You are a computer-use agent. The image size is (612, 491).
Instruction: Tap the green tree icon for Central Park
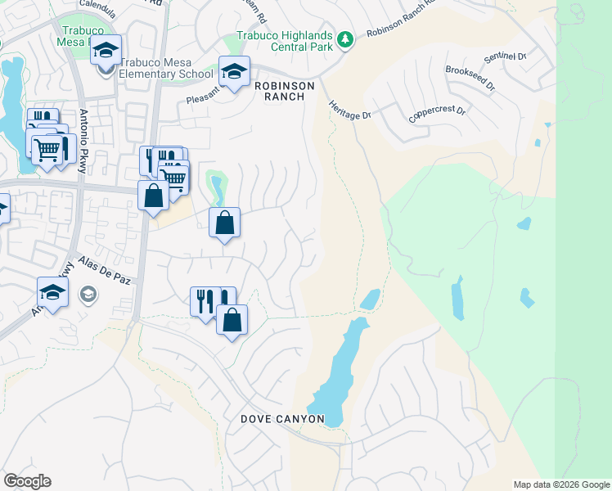pos(345,39)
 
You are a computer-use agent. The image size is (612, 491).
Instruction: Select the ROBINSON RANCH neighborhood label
pos(279,91)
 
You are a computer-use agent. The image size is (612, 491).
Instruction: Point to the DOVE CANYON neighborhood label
pos(282,419)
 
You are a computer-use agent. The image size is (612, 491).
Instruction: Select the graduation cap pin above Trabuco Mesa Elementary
pos(106,51)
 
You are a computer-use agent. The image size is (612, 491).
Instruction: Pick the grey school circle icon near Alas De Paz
pos(86,293)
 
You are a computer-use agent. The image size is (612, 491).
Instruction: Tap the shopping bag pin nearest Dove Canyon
pos(232,320)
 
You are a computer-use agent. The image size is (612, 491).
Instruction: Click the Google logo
pos(27,481)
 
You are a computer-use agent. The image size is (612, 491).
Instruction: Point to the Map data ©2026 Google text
pos(560,484)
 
